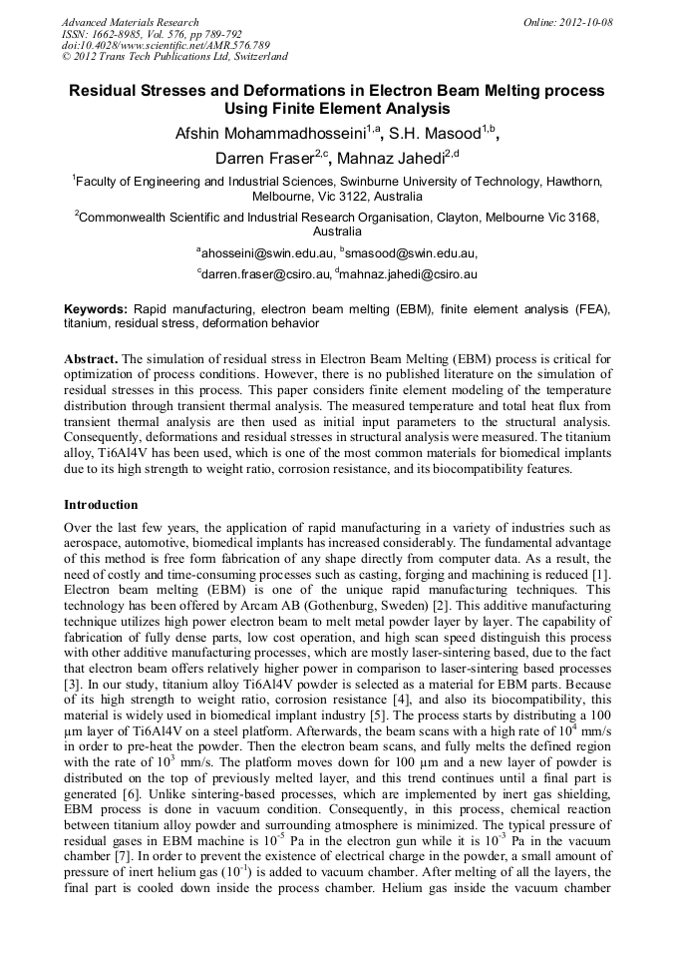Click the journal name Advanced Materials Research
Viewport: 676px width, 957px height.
(x=130, y=22)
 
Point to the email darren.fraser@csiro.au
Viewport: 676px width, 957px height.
(x=264, y=273)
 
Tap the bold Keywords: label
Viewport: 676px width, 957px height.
(x=97, y=309)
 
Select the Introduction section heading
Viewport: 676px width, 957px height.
(x=101, y=505)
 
